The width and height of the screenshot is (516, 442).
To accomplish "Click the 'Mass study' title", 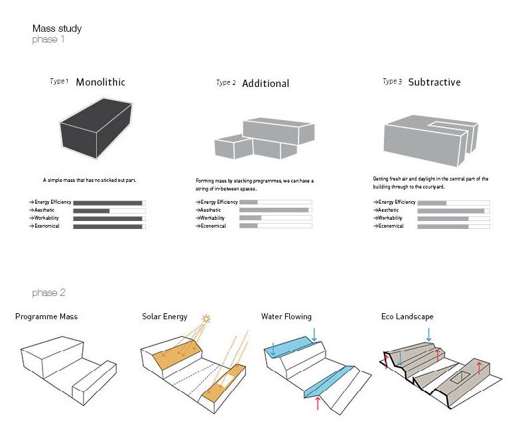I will [57, 29].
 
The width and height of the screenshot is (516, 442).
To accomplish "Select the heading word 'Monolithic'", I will [100, 82].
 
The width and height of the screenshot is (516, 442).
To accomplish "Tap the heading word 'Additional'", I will [265, 84].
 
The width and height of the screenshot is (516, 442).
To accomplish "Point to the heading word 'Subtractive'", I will [434, 82].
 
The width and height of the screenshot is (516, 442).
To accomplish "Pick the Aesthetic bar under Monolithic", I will [109, 210].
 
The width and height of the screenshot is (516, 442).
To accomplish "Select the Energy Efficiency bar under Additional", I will [275, 202].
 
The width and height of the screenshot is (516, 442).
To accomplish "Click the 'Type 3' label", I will [392, 82].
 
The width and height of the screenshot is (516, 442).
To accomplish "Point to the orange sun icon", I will [206, 320].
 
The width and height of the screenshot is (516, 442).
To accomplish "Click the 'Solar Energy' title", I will [164, 317].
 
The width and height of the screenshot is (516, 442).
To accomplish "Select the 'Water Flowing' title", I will [286, 317].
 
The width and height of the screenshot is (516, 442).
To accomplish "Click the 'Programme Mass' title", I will [46, 317].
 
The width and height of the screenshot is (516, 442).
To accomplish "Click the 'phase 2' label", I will [49, 293].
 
